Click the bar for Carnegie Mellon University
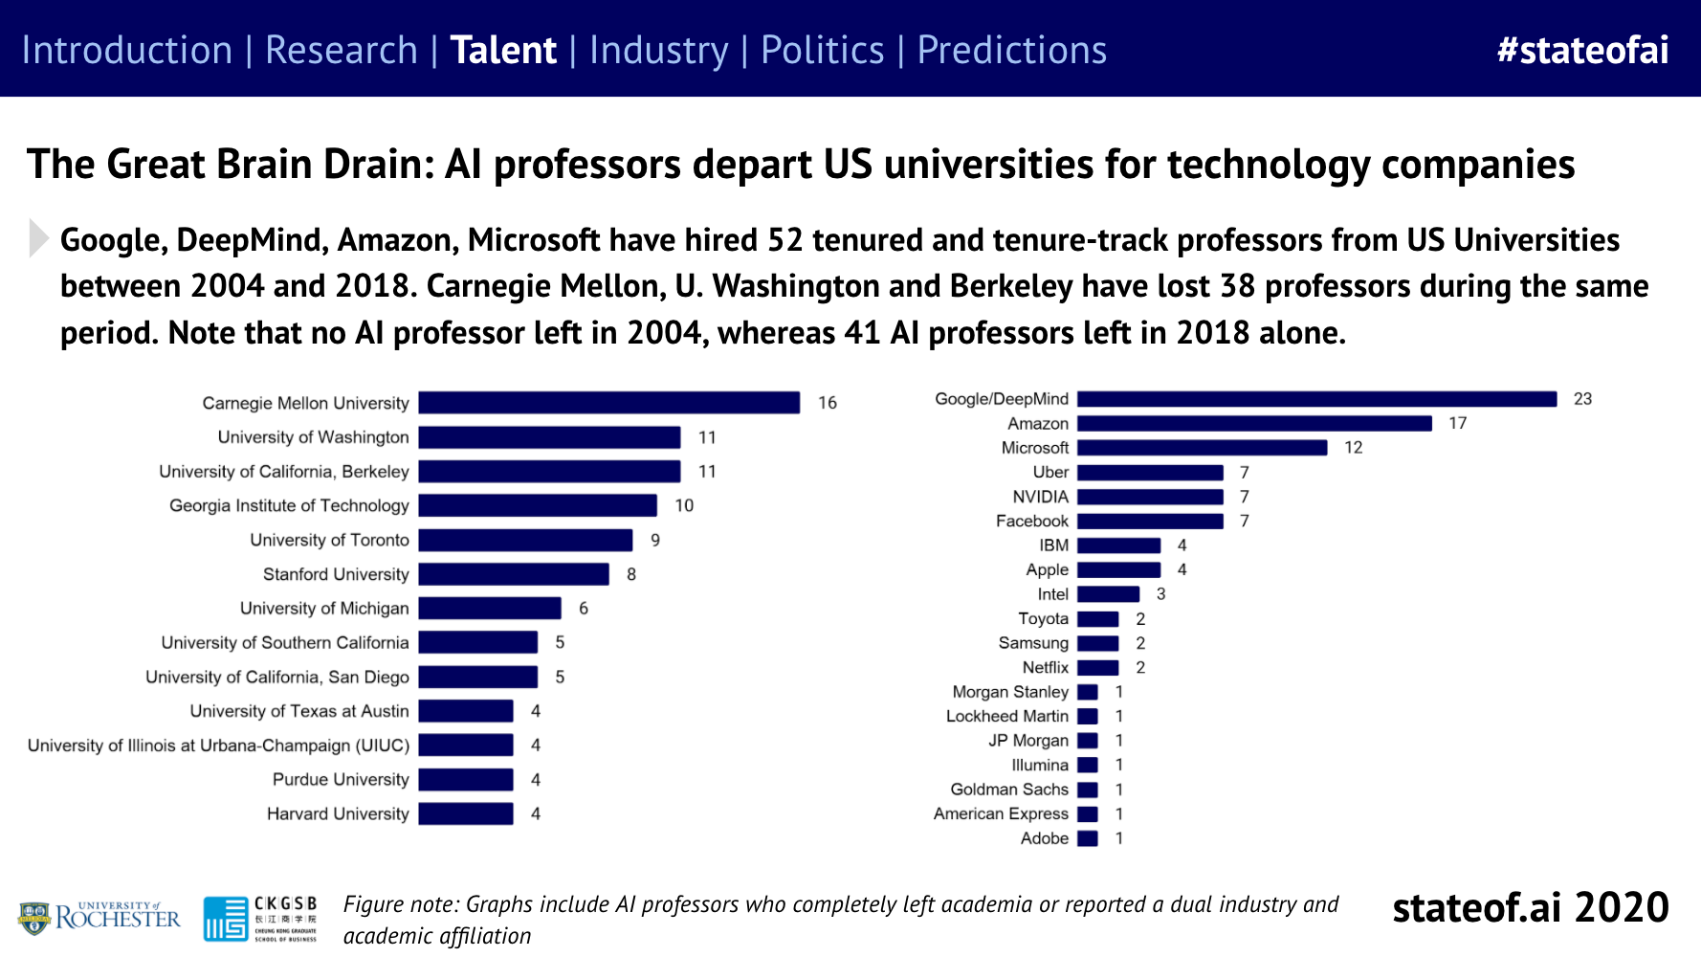click(608, 403)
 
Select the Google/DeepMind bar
click(1316, 399)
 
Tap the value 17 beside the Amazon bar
click(1457, 423)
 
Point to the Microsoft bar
click(1202, 448)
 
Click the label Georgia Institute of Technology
click(289, 505)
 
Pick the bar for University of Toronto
click(525, 540)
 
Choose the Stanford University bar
click(514, 574)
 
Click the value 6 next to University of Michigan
click(584, 609)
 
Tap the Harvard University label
click(338, 813)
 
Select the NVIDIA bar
click(1150, 497)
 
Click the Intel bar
click(1108, 594)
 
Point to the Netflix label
click(1045, 667)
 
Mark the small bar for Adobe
click(1088, 838)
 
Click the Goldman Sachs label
click(1008, 790)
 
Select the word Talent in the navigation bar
click(503, 50)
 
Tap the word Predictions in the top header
click(1011, 50)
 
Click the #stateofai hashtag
click(1582, 50)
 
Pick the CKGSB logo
click(260, 918)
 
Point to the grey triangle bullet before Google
click(38, 238)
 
